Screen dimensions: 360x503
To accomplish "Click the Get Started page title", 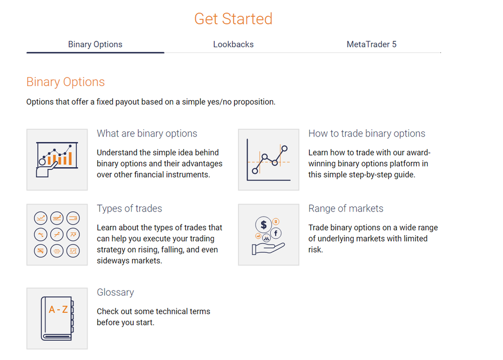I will tap(233, 19).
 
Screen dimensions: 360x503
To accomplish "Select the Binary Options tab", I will tap(95, 44).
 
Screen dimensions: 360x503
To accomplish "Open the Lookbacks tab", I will tap(233, 44).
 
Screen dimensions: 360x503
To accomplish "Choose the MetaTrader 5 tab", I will tap(371, 44).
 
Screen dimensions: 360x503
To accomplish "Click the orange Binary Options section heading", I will tap(65, 82).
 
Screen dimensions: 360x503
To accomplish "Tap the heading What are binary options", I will tap(147, 133).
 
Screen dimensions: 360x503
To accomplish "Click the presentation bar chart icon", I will tap(57, 160).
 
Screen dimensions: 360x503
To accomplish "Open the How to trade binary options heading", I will tap(367, 133).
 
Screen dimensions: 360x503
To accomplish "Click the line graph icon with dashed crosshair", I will tap(269, 160).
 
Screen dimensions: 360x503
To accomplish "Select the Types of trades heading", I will tap(129, 208).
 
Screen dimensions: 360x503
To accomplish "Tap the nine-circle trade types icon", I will tap(57, 235).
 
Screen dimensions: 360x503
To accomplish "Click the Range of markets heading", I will tap(346, 208).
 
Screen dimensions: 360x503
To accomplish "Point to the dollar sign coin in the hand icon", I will tap(264, 225).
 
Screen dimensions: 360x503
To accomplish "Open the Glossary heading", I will tap(115, 293).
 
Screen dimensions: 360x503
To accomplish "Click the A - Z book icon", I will tap(57, 318).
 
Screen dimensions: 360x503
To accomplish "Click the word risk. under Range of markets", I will tap(315, 250).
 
